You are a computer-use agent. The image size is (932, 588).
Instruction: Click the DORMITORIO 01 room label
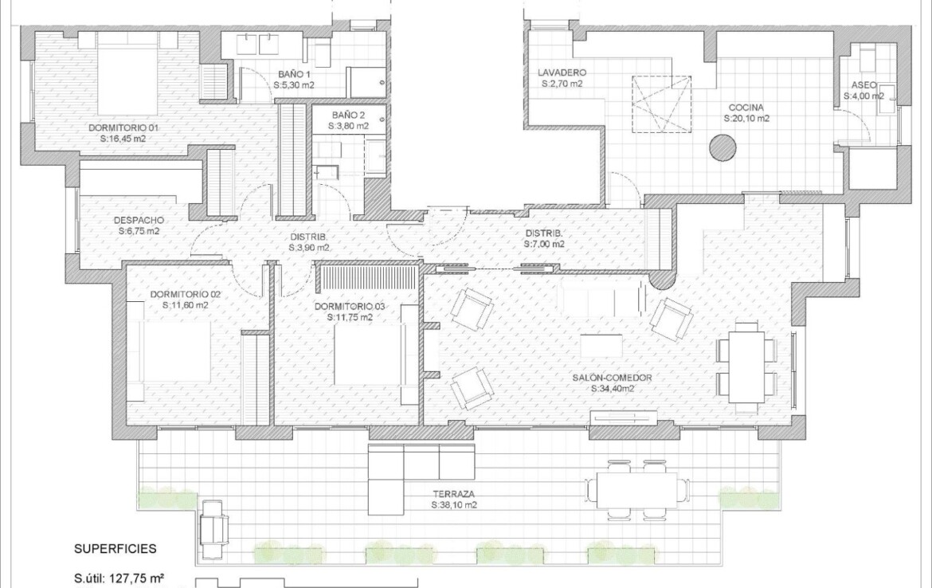click(123, 127)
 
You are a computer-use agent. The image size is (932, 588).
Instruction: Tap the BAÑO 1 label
click(294, 74)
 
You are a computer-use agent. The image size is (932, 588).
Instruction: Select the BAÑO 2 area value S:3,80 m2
click(348, 126)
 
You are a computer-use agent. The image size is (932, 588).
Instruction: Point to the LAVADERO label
click(562, 73)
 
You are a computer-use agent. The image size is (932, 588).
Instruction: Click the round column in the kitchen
click(722, 147)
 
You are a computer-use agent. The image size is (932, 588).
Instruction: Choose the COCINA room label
click(746, 108)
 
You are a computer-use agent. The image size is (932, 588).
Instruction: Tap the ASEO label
click(863, 85)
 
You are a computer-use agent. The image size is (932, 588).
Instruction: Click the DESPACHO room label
click(139, 221)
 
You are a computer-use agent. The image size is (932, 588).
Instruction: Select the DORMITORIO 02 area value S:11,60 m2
click(186, 306)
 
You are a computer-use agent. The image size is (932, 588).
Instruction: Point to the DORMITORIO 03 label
click(350, 306)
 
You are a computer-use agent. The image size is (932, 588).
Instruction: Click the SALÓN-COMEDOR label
click(613, 378)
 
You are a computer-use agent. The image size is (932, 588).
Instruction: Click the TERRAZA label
click(453, 494)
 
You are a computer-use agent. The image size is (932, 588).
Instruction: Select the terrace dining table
click(636, 490)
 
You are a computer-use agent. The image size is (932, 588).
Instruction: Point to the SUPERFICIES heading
click(116, 549)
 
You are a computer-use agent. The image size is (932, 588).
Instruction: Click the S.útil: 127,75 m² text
click(119, 578)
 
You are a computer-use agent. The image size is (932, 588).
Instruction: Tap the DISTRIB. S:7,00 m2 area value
click(544, 244)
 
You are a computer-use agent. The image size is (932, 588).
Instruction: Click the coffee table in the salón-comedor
click(601, 346)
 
